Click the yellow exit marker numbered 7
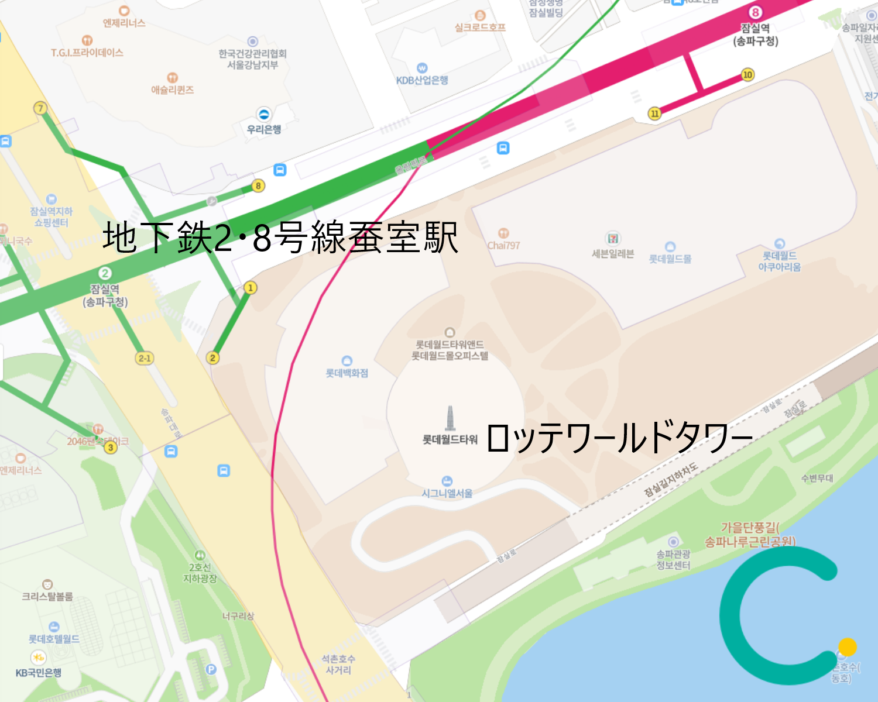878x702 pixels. point(40,108)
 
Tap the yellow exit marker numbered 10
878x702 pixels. point(747,74)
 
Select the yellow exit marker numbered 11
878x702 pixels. point(654,113)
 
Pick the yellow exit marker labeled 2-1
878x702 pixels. point(144,358)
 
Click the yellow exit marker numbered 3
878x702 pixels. point(110,448)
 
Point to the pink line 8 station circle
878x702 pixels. point(756,12)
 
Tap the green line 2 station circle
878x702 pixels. point(105,273)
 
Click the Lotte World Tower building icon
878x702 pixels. point(450,418)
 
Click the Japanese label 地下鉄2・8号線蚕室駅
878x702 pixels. point(280,237)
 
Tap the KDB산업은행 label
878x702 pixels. point(422,80)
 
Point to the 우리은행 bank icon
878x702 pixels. point(264,114)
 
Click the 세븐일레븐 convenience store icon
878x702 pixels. point(613,238)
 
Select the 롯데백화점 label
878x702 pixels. point(347,373)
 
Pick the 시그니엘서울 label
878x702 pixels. point(447,493)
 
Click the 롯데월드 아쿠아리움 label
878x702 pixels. point(779,261)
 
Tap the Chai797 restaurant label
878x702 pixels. point(503,246)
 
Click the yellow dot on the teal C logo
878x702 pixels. point(847,647)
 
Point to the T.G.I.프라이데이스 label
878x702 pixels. point(87,53)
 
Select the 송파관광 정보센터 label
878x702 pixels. point(673,559)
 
